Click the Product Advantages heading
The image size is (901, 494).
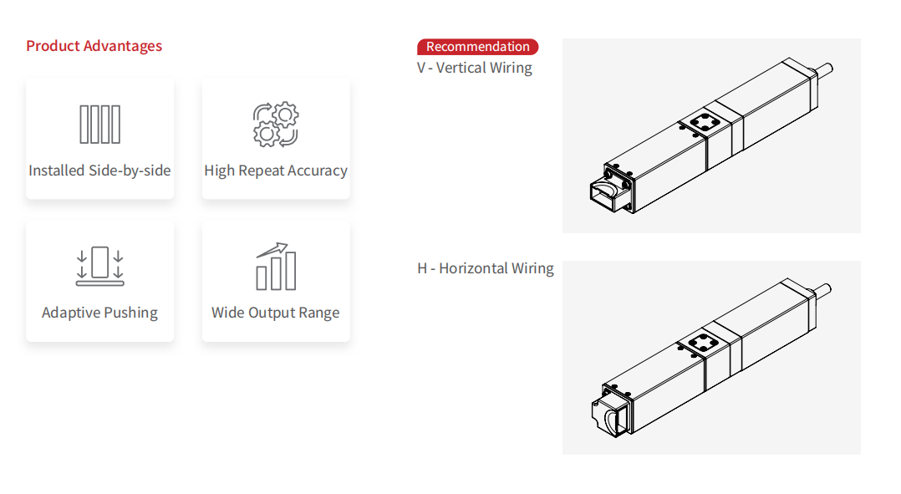click(94, 46)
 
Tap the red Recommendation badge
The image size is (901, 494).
click(477, 47)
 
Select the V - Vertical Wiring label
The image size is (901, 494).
click(474, 68)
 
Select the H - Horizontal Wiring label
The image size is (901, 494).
click(485, 268)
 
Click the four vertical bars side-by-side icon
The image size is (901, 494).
click(99, 125)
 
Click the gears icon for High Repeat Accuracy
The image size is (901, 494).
click(275, 125)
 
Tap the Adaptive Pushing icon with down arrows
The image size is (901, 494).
click(99, 266)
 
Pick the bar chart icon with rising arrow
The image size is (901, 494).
click(275, 267)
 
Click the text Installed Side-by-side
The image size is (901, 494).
click(99, 171)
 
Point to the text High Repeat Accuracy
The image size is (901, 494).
click(275, 171)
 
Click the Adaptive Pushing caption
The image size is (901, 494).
click(99, 313)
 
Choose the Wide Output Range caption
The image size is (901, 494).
click(275, 313)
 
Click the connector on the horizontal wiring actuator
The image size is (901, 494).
click(608, 416)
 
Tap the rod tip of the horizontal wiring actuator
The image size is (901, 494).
click(826, 290)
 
